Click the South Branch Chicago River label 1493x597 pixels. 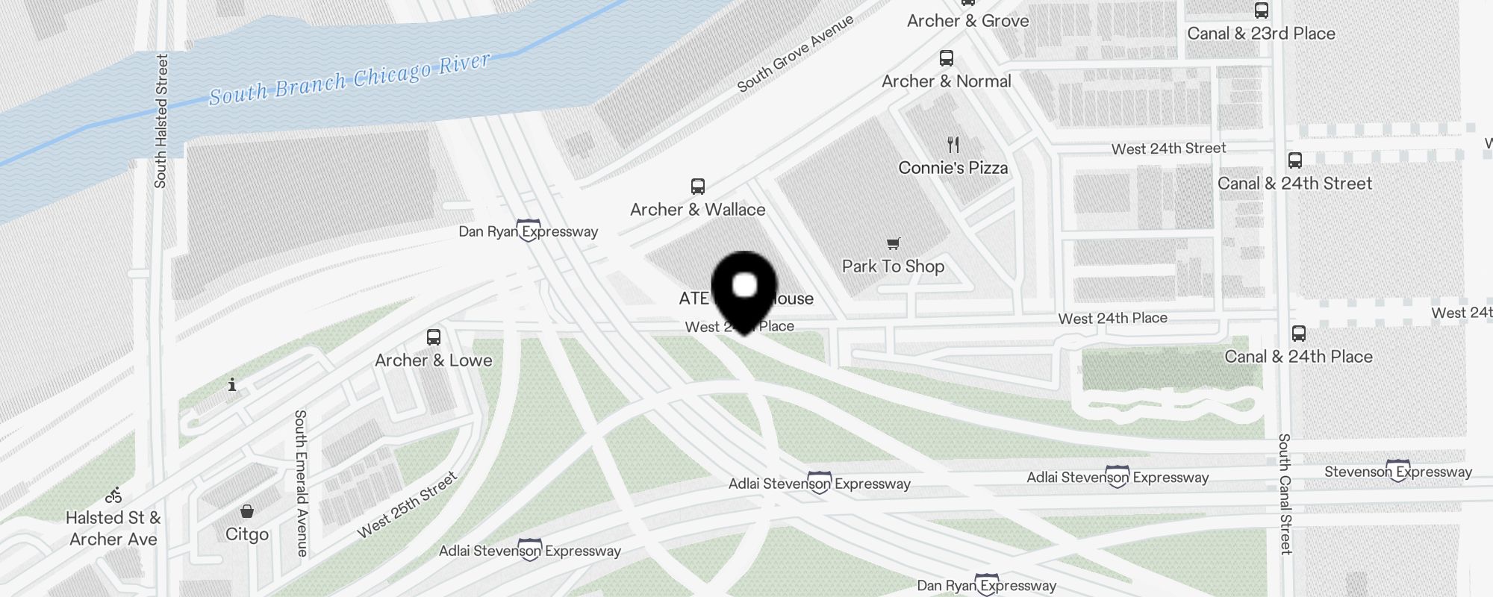[349, 79]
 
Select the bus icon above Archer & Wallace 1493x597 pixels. [698, 187]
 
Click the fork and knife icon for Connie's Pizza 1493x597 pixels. [953, 145]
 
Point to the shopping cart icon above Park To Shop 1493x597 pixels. [894, 243]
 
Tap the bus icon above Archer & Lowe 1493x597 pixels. [434, 337]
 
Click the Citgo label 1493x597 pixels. [247, 534]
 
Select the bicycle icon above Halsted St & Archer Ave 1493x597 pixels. [113, 496]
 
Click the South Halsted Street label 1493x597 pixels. [161, 121]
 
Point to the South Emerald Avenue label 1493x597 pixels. [301, 483]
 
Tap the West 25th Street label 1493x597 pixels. [407, 505]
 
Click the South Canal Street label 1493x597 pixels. [1285, 494]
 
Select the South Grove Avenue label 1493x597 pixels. [795, 54]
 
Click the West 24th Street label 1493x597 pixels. [1168, 149]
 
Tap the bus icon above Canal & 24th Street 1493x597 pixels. [1295, 160]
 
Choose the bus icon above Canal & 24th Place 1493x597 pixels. [1299, 334]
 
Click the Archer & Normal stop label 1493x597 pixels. [947, 81]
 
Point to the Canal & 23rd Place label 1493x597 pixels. [1261, 34]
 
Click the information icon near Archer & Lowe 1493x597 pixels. [232, 385]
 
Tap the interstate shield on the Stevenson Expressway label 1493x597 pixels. [1397, 469]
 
